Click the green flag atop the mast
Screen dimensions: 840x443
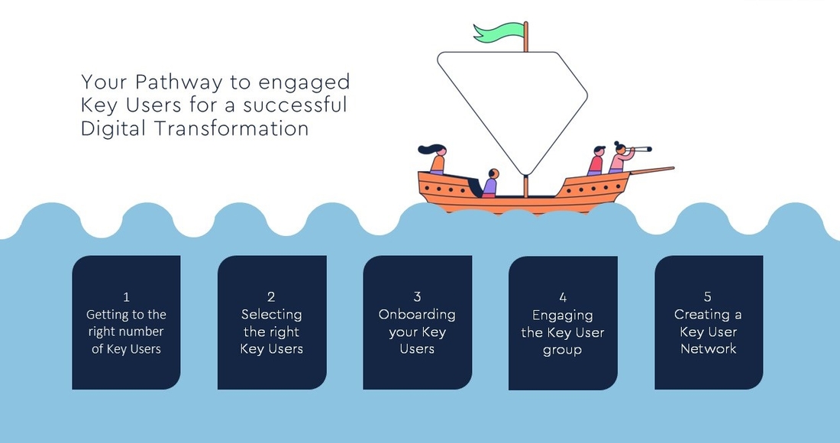[x=498, y=31]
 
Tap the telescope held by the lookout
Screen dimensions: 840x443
[x=640, y=150]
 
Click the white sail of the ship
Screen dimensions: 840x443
[x=512, y=102]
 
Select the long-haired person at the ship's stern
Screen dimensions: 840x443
[x=435, y=159]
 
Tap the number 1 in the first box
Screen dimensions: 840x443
[x=127, y=297]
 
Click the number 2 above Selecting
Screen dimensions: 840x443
[x=271, y=297]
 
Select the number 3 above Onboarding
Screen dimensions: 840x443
[x=417, y=297]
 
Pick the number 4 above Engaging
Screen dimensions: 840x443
[x=563, y=297]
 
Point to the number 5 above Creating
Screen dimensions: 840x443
[x=708, y=296]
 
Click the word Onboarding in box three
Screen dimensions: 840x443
[x=417, y=315]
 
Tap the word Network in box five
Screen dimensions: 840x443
[x=708, y=349]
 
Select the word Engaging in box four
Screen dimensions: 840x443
[x=563, y=316]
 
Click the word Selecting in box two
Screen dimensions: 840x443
[x=272, y=315]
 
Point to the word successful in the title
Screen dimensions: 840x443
[x=296, y=105]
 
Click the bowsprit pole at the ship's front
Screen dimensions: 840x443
[x=651, y=170]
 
